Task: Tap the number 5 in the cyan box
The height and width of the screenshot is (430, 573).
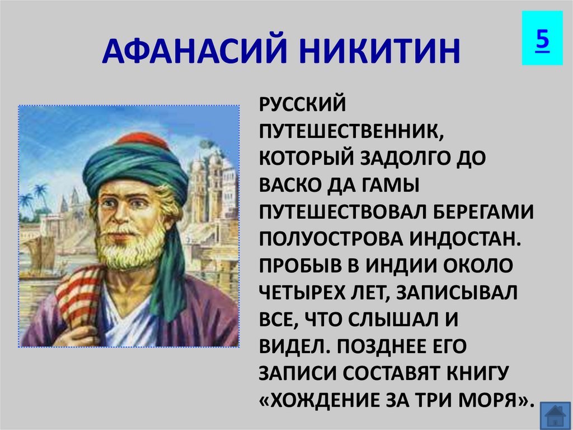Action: (x=543, y=39)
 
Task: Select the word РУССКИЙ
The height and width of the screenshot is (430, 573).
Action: (x=302, y=104)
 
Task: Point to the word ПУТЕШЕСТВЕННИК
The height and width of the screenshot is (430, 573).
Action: (x=351, y=131)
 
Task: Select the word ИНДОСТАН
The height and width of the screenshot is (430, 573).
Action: (x=464, y=239)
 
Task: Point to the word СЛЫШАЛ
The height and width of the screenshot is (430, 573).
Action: (x=390, y=320)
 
